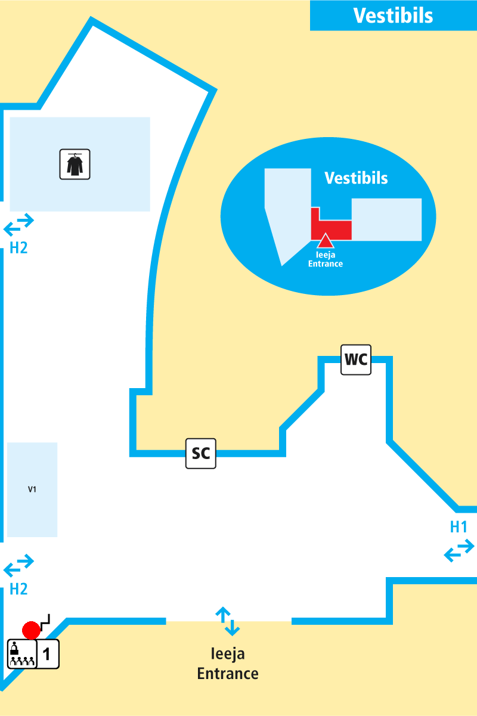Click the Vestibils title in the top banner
pos(393,16)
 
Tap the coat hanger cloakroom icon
pos(75,164)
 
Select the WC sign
pos(356,360)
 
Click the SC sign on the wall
pos(200,454)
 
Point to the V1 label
pos(32,489)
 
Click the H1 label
pos(459,527)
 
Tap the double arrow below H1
pos(459,550)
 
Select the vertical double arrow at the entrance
pos(228,621)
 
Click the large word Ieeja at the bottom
pos(228,654)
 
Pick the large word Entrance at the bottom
pos(228,674)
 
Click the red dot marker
pos(31,630)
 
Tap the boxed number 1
pos(48,655)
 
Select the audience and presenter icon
pos(21,654)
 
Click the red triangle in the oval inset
pos(324,241)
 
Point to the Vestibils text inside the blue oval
pos(356,178)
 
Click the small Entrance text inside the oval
pos(326,264)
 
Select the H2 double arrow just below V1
pos(19,566)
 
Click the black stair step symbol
pos(45,619)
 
